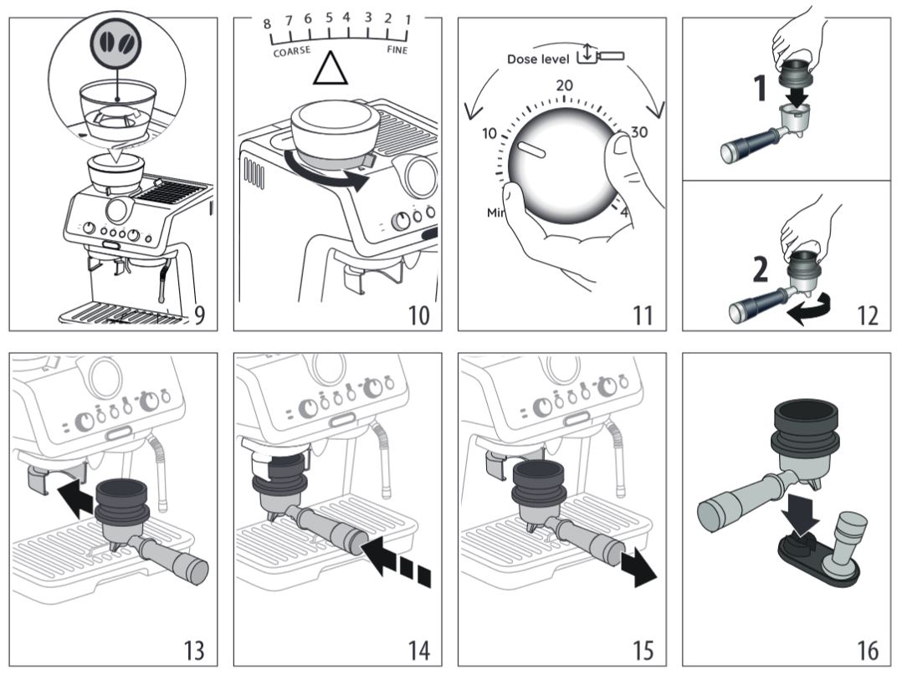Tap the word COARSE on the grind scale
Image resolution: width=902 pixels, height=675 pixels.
coord(292,51)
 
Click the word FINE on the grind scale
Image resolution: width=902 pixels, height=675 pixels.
coord(397,50)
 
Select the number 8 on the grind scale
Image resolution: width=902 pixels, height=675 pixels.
coord(268,23)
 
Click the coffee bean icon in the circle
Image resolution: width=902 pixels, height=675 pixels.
coord(116,41)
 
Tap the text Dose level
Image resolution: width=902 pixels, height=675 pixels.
coord(538,59)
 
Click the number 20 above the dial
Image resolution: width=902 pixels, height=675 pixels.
coord(564,85)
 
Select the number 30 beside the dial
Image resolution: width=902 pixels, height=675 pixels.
coord(639,132)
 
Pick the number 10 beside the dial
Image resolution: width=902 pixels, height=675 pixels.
coord(490,132)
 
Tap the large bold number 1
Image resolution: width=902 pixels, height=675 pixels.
coord(761,87)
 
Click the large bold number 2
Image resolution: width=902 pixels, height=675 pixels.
coord(760,269)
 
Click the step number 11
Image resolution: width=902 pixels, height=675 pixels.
coord(643,315)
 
